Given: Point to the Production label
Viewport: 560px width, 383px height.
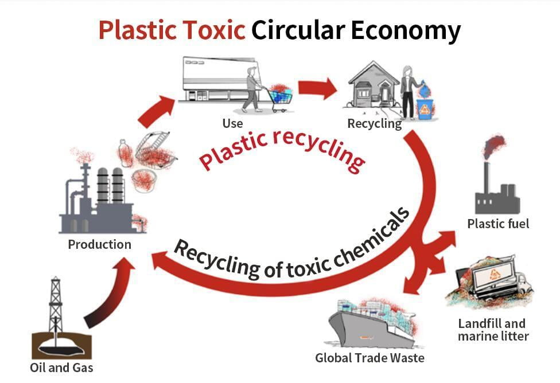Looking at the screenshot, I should pos(99,245).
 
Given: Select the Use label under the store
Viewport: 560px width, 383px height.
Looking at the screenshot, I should pos(232,123).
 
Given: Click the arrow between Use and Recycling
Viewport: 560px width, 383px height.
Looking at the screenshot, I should pos(317,88).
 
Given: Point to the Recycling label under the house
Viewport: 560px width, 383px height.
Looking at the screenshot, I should pos(374,124).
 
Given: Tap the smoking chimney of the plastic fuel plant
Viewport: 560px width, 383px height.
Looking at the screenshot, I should pos(487,178).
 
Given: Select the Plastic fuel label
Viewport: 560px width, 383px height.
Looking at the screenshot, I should pos(498,224).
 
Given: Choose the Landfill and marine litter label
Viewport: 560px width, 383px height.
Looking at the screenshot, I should pos(493,330).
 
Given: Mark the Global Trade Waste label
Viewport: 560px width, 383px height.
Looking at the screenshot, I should pos(370,358).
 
